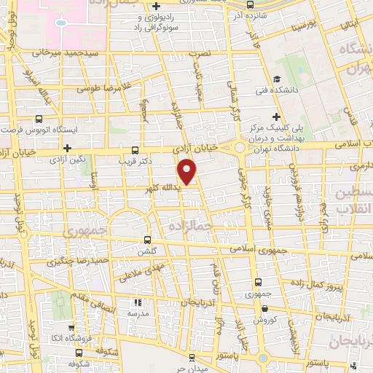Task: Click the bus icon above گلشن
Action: (x=148, y=239)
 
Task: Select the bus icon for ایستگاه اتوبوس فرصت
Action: (x=38, y=118)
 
